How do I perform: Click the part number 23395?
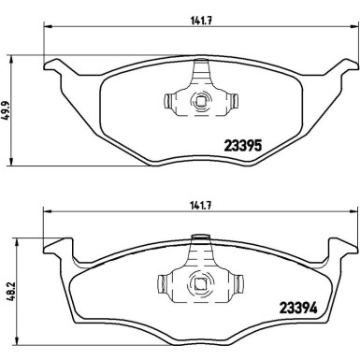(243, 145)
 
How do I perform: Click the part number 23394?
(298, 308)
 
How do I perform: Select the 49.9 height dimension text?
(6, 110)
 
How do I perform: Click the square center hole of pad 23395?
(199, 101)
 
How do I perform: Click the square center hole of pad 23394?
(199, 283)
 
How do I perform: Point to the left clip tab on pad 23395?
(167, 101)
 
